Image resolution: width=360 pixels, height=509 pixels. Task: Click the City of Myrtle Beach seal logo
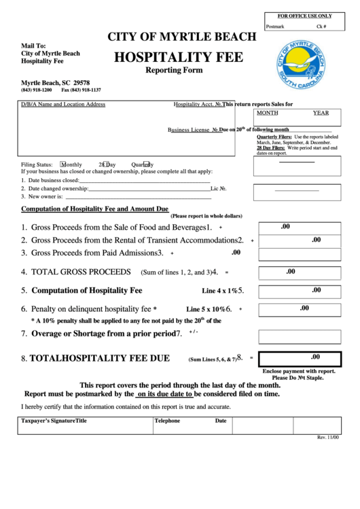[x=300, y=67]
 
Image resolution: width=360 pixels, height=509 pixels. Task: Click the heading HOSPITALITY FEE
[x=178, y=58]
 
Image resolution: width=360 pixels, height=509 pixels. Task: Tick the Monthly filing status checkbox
[x=63, y=164]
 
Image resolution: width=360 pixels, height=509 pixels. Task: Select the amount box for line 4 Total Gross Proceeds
[x=299, y=273]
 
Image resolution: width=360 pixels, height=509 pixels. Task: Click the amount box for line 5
[x=299, y=291]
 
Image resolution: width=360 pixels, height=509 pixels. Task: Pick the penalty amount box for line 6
[x=299, y=309]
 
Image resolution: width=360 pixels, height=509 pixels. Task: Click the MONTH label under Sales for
[x=267, y=113]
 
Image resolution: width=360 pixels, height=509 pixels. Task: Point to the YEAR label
[x=321, y=113]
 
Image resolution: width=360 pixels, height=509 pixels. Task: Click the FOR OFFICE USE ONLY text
[x=304, y=15]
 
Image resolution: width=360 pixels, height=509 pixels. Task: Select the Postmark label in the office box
[x=275, y=27]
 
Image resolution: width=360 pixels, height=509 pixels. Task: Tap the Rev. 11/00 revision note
[x=328, y=437]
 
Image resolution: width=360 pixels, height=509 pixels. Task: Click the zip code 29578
[x=80, y=82]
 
